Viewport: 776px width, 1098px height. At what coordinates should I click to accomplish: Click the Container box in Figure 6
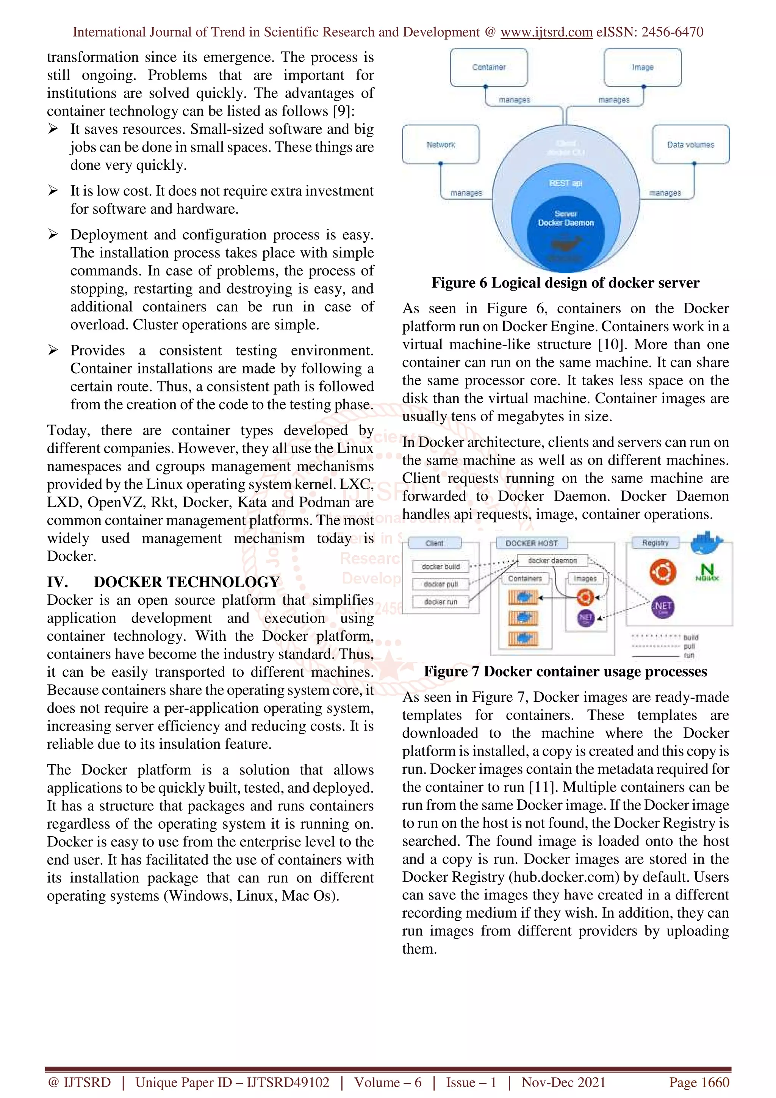489,67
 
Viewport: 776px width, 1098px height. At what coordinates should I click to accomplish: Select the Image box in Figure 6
642,67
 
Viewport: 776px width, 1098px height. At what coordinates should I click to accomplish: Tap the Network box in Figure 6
440,144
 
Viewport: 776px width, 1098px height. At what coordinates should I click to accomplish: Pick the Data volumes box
690,144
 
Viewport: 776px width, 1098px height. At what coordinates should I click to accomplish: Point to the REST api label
565,183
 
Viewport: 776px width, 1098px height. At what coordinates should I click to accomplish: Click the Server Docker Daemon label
566,219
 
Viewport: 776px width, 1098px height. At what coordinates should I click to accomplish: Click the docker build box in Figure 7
440,566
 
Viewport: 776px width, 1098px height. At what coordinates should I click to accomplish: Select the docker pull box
440,584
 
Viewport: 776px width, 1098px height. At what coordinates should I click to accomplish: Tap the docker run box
440,602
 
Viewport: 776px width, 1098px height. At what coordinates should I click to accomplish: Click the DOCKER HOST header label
531,543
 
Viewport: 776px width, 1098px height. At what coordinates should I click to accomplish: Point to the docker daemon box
552,560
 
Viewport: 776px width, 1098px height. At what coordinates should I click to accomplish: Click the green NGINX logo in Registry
707,571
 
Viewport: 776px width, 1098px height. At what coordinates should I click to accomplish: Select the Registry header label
655,543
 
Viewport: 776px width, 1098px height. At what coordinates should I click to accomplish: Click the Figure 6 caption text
565,283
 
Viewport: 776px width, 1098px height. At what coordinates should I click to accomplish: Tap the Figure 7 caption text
565,671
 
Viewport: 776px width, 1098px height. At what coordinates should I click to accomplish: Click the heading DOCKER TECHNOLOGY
186,582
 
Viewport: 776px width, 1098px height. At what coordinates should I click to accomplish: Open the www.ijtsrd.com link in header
546,32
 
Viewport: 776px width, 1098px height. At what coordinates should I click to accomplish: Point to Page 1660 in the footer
699,1082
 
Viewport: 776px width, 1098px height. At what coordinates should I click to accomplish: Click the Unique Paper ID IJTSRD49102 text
232,1082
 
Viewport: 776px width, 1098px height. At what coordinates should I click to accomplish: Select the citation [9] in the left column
343,111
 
